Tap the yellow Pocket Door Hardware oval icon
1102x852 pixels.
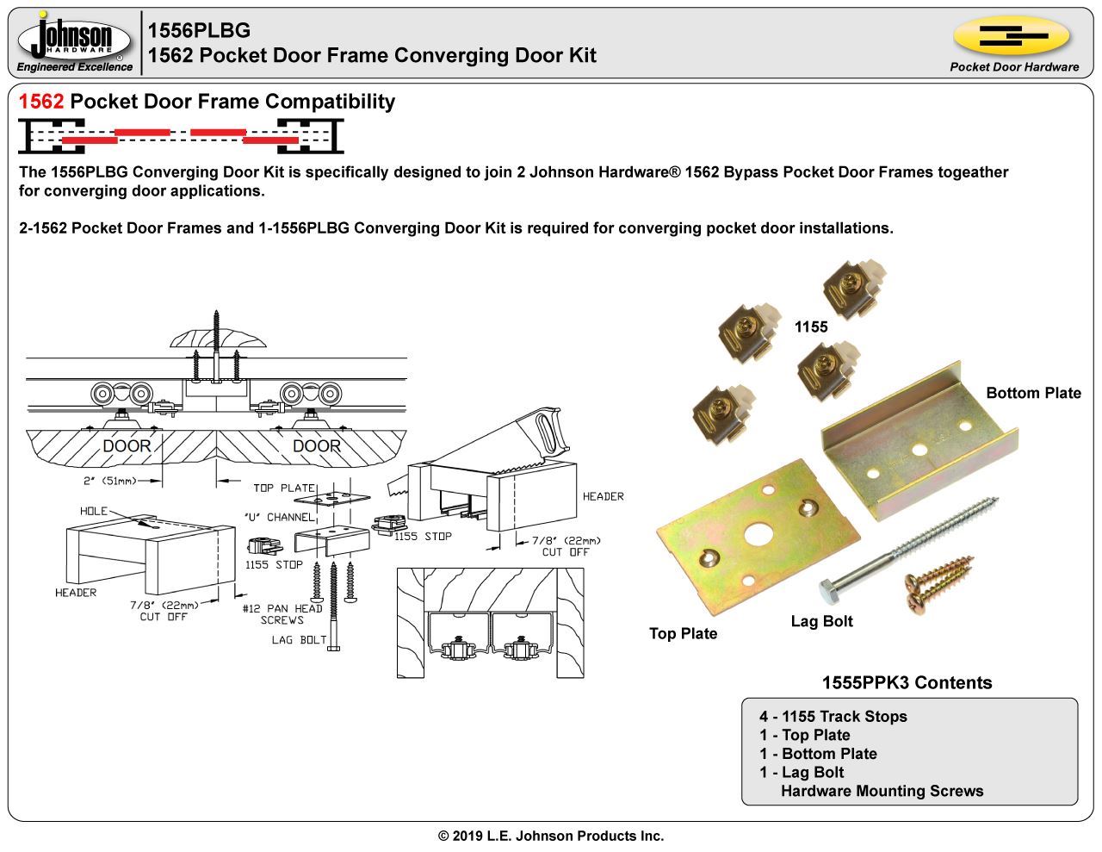pyautogui.click(x=1012, y=37)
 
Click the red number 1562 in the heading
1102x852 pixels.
pyautogui.click(x=40, y=102)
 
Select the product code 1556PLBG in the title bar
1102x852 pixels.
pyautogui.click(x=199, y=30)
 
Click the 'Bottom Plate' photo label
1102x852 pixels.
pyautogui.click(x=1032, y=393)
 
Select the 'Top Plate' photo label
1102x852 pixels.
pyautogui.click(x=683, y=633)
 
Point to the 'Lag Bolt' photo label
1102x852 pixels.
pyautogui.click(x=821, y=621)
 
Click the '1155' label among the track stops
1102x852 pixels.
pyautogui.click(x=810, y=326)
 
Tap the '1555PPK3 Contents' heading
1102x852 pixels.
pyautogui.click(x=907, y=682)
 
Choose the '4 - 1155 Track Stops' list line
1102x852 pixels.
pyautogui.click(x=833, y=716)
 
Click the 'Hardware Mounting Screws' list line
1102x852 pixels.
pyautogui.click(x=881, y=791)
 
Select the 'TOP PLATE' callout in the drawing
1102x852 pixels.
pyautogui.click(x=284, y=488)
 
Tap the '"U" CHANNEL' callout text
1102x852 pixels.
pyautogui.click(x=279, y=517)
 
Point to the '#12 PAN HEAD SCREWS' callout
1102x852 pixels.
pyautogui.click(x=282, y=614)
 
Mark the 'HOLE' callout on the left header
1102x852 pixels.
pyautogui.click(x=94, y=511)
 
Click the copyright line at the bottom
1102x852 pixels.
pyautogui.click(x=551, y=836)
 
